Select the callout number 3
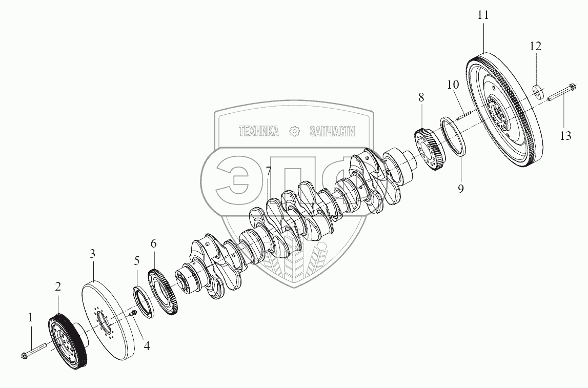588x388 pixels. (x=92, y=253)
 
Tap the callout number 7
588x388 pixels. (x=269, y=171)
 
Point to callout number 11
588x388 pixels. (x=483, y=15)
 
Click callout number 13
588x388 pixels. (x=565, y=136)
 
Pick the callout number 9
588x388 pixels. (x=460, y=189)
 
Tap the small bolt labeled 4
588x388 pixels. (x=134, y=313)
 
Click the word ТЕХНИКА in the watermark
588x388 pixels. (x=258, y=132)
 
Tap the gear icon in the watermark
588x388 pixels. (x=294, y=131)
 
